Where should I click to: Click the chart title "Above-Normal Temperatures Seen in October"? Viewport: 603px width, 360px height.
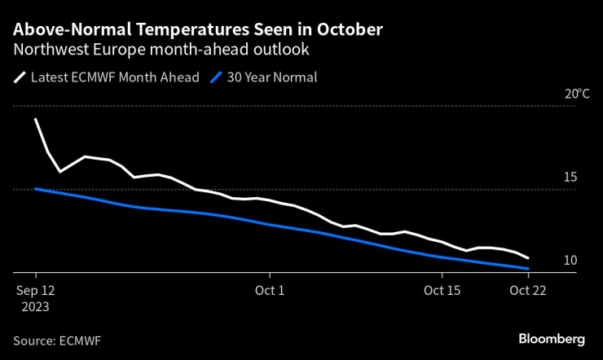coord(198,30)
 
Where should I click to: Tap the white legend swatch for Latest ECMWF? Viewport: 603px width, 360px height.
coord(19,78)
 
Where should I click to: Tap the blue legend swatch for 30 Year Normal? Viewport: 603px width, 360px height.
coord(216,78)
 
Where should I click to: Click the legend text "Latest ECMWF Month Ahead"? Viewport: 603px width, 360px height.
coord(114,78)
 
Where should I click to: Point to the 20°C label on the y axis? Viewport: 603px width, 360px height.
coord(576,94)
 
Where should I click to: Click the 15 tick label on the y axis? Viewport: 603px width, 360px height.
coord(570,178)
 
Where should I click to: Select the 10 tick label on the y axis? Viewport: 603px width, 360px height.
coord(570,261)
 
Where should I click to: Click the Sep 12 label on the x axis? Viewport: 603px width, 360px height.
coord(36,290)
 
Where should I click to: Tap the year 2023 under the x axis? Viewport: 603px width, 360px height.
coord(36,307)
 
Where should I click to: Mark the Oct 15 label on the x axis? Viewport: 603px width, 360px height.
coord(442,290)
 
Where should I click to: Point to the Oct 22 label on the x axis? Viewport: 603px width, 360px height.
coord(528,290)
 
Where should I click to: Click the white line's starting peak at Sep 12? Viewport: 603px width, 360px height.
coord(36,119)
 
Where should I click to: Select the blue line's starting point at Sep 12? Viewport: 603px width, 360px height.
coord(36,189)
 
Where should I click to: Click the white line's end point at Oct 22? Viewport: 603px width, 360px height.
coord(528,257)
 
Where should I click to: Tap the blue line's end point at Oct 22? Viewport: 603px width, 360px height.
coord(528,269)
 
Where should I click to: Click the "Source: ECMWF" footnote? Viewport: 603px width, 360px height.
coord(58,339)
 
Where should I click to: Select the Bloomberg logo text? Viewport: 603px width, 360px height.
coord(552,338)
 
